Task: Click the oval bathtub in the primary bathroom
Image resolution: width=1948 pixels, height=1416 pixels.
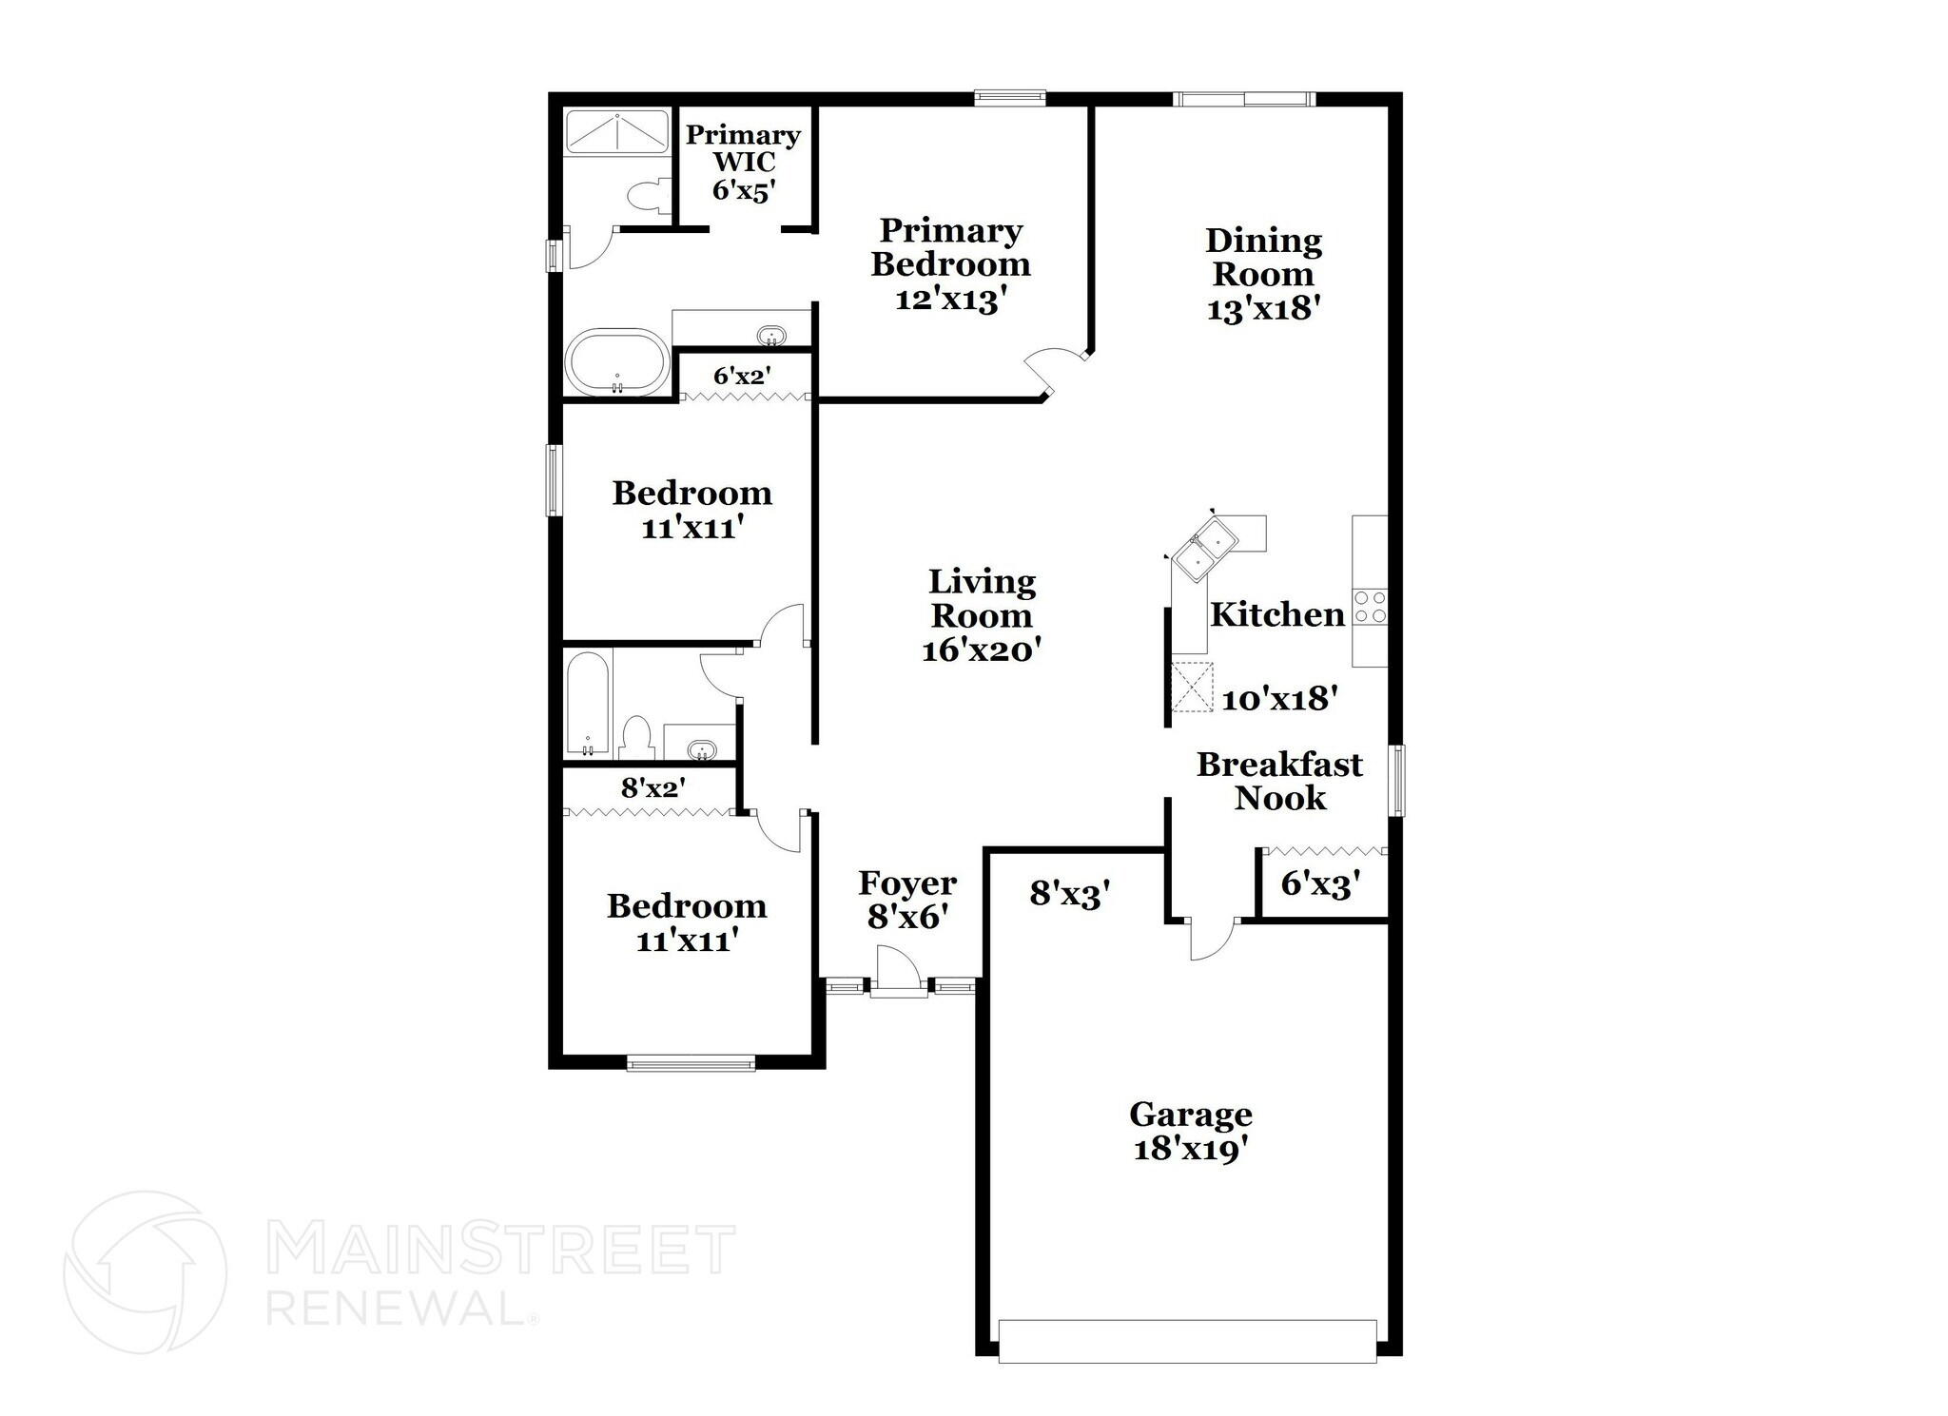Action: (x=616, y=361)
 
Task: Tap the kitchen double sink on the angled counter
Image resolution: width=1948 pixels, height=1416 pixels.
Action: (x=1204, y=549)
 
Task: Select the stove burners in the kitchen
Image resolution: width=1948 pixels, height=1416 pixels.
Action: (x=1371, y=607)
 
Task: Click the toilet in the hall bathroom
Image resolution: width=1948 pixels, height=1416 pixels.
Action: (x=635, y=739)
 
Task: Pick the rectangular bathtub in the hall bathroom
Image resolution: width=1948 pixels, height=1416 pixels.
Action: (x=588, y=705)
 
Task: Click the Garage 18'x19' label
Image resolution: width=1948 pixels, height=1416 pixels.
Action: (x=1190, y=1132)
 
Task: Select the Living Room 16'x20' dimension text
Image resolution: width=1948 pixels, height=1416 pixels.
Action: (x=982, y=650)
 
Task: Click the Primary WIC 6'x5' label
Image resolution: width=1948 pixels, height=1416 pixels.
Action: (x=743, y=162)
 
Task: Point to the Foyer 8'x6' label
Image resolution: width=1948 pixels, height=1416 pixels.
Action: (x=907, y=900)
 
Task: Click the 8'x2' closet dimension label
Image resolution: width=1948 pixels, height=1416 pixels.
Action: (x=653, y=787)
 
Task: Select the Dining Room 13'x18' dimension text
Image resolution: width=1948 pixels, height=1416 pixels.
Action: (x=1262, y=309)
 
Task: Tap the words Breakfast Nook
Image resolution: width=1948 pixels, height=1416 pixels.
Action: (x=1279, y=781)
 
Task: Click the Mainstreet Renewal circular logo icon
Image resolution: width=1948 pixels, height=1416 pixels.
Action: (x=145, y=1271)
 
